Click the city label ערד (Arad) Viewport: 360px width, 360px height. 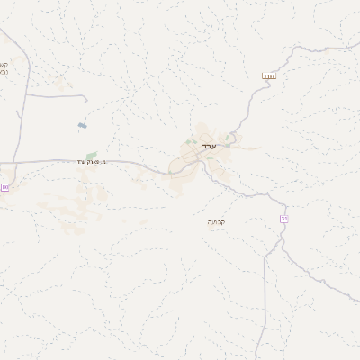coord(211,146)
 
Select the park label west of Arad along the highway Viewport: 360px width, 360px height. coord(93,161)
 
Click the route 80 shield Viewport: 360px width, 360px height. coord(6,186)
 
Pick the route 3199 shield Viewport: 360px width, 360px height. coord(269,77)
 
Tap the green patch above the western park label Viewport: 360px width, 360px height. coord(91,154)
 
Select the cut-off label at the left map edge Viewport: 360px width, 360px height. coord(3,67)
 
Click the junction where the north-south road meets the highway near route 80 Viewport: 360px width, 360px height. coord(15,162)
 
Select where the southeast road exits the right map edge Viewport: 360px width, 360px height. coord(359,303)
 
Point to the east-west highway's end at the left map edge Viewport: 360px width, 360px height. coord(1,163)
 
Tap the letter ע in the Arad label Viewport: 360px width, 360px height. coord(216,146)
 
